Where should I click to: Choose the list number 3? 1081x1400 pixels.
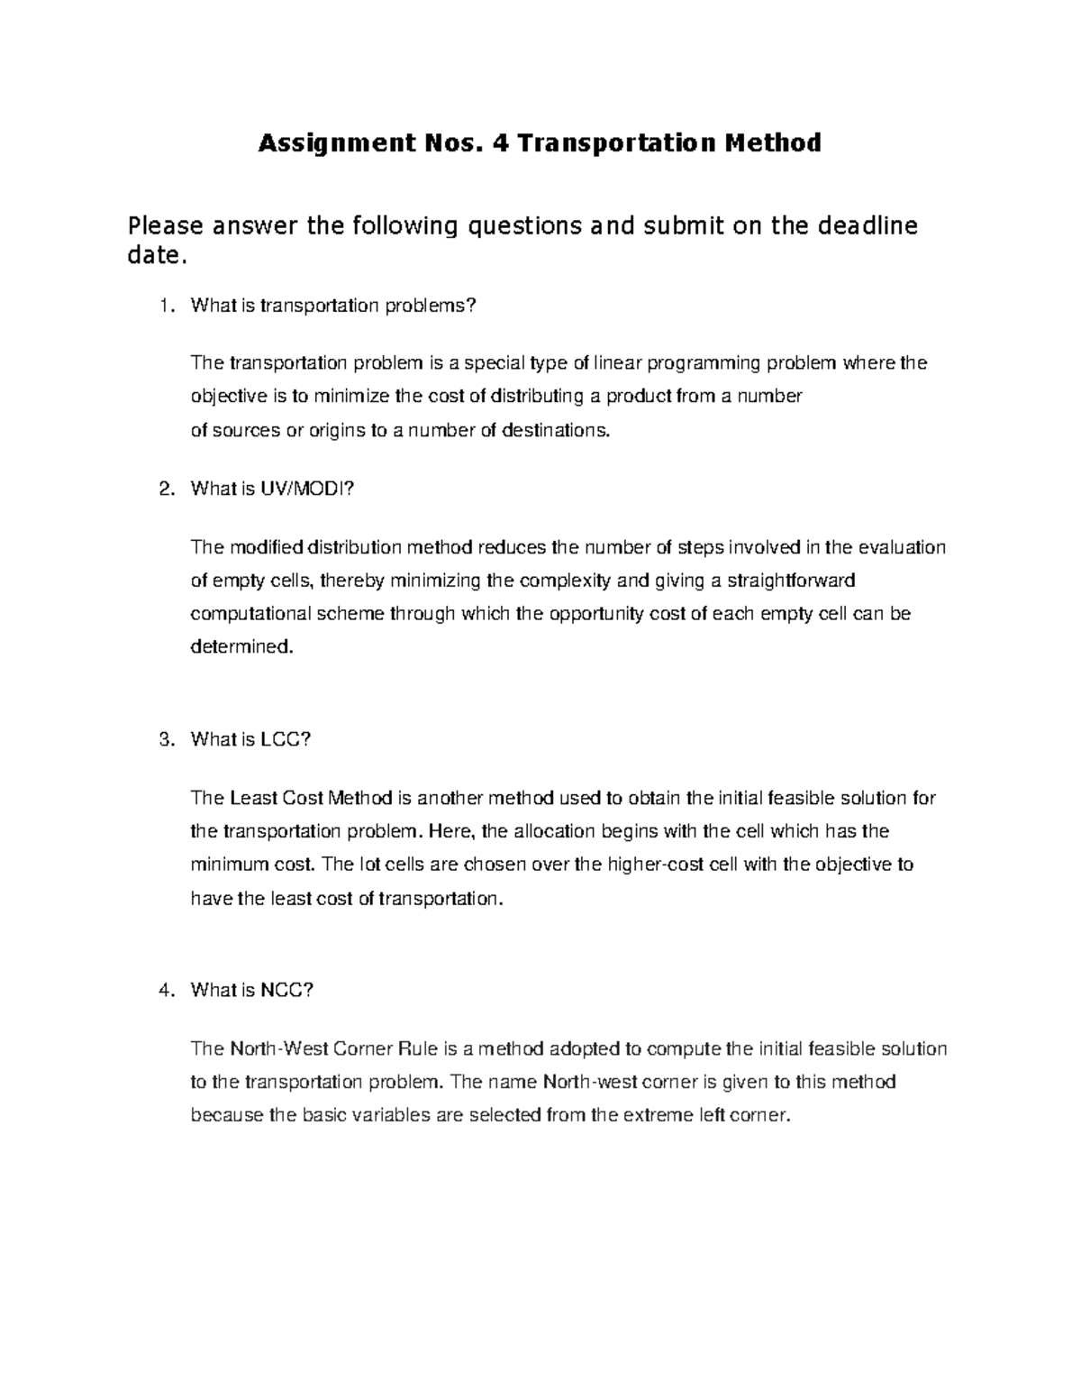click(x=164, y=740)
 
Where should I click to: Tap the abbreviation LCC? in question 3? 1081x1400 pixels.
click(x=286, y=740)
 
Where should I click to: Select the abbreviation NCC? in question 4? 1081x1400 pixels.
click(x=286, y=991)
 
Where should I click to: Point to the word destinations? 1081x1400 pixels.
click(x=554, y=431)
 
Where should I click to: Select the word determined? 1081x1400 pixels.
click(x=241, y=647)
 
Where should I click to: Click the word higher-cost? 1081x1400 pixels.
click(x=658, y=865)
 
